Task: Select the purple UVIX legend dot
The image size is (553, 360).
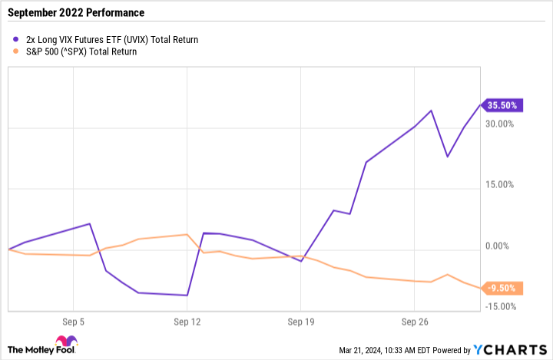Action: [17, 39]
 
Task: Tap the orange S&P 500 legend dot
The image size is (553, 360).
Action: [17, 52]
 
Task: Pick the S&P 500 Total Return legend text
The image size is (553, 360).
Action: [81, 52]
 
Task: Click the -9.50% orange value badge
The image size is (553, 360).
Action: [504, 289]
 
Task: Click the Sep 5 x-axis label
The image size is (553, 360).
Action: [73, 322]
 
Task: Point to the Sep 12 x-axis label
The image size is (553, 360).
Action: [187, 322]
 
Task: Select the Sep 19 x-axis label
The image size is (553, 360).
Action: [300, 322]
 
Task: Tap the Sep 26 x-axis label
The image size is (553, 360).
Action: [414, 322]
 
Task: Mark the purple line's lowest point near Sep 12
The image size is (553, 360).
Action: [187, 295]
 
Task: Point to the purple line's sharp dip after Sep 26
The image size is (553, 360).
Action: [447, 157]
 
